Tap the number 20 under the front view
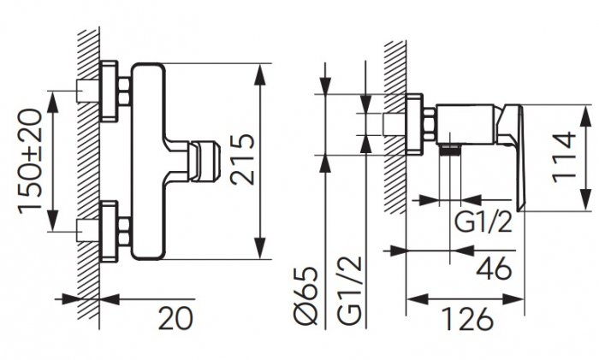pyautogui.click(x=175, y=319)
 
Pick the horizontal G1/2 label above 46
pyautogui.click(x=483, y=223)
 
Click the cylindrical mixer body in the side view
pyautogui.click(x=466, y=123)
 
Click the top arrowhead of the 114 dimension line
pyautogui.click(x=584, y=110)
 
